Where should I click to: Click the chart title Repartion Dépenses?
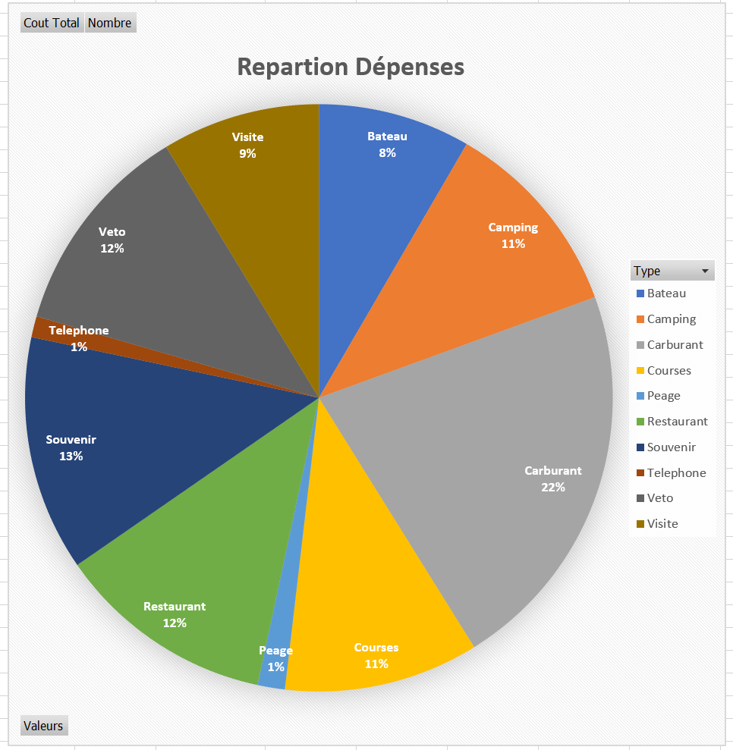(x=351, y=67)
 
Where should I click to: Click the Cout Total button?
(x=52, y=23)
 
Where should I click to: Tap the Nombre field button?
(x=110, y=23)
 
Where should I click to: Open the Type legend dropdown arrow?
(x=705, y=271)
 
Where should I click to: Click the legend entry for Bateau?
(x=665, y=293)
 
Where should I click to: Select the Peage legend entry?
(x=663, y=396)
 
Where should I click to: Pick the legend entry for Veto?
(x=659, y=498)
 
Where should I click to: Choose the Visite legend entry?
(x=662, y=524)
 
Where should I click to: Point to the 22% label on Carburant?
(x=553, y=488)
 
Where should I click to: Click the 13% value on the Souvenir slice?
(x=71, y=457)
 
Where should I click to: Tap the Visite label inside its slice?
(x=247, y=137)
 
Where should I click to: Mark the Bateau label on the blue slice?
(x=387, y=137)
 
